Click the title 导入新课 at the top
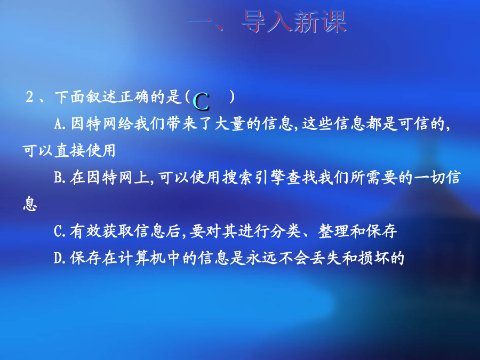click(294, 21)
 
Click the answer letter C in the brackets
click(201, 102)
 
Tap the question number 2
click(30, 97)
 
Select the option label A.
click(58, 124)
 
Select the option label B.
click(58, 178)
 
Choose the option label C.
click(58, 231)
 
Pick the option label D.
click(58, 258)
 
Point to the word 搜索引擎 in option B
click(253, 178)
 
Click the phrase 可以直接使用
click(69, 150)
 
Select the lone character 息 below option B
click(30, 204)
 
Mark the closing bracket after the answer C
click(232, 97)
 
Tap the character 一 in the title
click(200, 21)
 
